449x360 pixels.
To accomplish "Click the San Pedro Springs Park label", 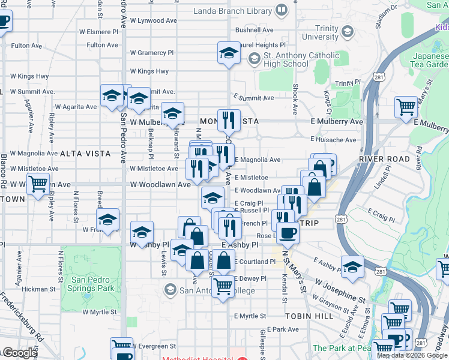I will [92, 284].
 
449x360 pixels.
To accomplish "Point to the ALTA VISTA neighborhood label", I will [85, 154].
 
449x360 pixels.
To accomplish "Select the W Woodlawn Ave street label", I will [160, 185].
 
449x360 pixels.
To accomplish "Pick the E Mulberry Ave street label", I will [337, 121].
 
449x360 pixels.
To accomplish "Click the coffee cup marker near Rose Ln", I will [288, 233].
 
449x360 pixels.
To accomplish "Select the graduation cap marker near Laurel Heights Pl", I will [228, 54].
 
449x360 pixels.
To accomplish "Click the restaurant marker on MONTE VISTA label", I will [228, 120].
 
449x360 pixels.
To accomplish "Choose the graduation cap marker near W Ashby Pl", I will [142, 232].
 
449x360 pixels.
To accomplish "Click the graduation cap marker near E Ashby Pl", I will [352, 266].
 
